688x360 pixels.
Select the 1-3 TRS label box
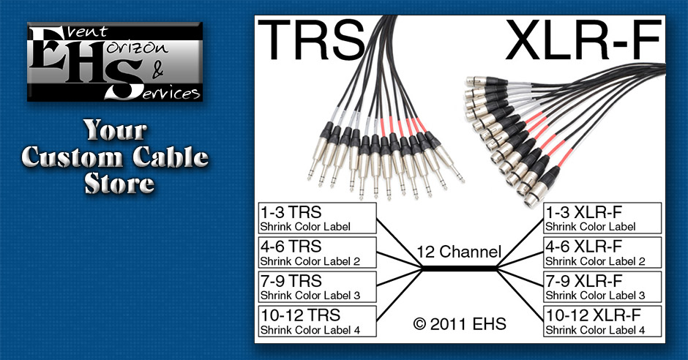tap(317, 218)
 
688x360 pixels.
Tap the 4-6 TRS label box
tap(317, 252)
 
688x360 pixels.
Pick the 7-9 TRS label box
tap(317, 287)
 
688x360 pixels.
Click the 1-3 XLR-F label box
tap(602, 218)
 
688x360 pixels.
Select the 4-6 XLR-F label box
tap(602, 252)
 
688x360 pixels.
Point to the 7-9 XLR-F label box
tap(602, 287)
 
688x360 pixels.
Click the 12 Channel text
tap(459, 252)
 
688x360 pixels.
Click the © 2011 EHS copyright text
tap(459, 323)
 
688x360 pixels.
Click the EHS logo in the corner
tap(115, 61)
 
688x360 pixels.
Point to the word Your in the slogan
tap(115, 132)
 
